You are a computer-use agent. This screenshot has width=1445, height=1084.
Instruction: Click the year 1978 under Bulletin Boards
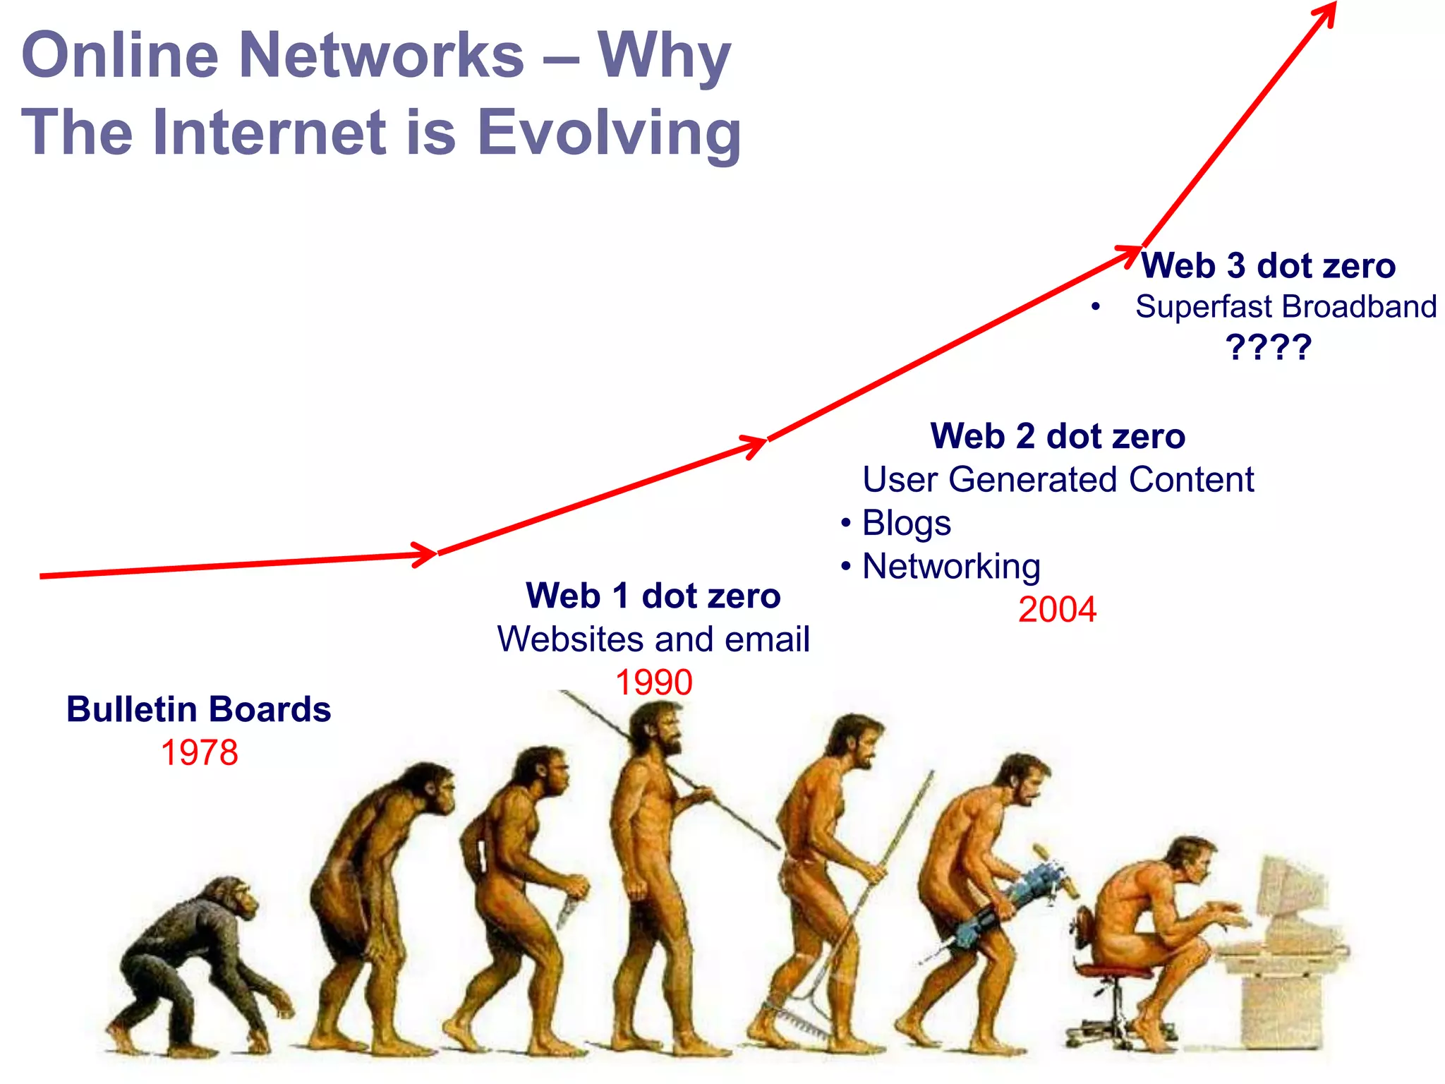tap(200, 753)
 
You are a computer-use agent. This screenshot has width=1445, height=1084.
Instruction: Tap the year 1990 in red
tap(654, 682)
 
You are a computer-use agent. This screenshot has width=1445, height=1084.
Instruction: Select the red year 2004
tap(1057, 610)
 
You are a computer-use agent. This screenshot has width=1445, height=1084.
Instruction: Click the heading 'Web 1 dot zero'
tap(653, 596)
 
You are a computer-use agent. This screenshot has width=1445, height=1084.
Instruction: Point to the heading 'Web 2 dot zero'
tap(1058, 436)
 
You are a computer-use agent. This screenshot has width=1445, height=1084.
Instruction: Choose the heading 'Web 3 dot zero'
tap(1268, 266)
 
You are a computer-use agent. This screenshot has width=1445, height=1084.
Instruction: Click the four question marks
tap(1268, 347)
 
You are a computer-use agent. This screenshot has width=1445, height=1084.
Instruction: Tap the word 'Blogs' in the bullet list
tap(906, 524)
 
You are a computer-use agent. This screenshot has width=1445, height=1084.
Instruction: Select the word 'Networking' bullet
tap(951, 567)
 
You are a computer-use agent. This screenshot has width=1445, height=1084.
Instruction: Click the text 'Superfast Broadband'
tap(1286, 307)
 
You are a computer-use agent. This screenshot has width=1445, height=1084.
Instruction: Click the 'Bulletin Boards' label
tap(199, 709)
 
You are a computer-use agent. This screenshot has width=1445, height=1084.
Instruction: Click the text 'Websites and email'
tap(653, 639)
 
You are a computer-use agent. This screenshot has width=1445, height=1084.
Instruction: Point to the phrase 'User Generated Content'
tap(1058, 480)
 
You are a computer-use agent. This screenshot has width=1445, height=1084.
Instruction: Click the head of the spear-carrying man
tap(656, 727)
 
